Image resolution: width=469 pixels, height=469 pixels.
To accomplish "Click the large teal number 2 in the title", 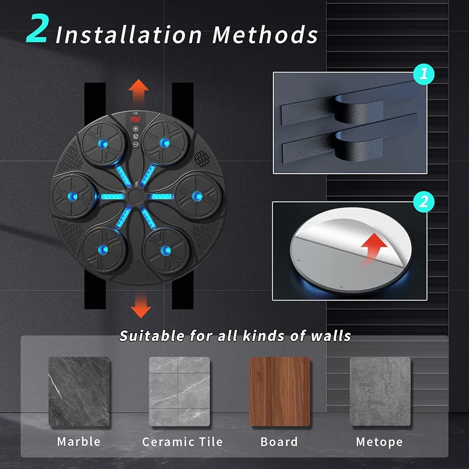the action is click(37, 29).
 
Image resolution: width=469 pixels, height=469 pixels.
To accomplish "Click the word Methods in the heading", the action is click(265, 35).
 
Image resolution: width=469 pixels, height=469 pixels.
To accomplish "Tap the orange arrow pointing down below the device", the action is click(141, 306).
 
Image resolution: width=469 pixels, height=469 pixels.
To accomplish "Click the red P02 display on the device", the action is click(135, 119).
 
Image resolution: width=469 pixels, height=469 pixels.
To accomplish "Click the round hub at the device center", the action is click(135, 196).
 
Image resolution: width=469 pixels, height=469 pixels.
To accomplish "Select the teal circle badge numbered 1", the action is click(423, 74).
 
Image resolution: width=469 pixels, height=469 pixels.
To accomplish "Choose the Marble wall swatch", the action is click(79, 391).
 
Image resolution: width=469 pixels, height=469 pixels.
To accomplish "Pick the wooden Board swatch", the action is click(280, 391).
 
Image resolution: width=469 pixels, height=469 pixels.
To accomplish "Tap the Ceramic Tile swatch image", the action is click(179, 391).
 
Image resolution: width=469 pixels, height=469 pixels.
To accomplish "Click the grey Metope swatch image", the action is click(380, 391).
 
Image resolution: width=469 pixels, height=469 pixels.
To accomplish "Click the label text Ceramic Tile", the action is click(183, 442).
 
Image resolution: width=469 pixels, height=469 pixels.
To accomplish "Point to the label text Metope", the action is click(379, 442).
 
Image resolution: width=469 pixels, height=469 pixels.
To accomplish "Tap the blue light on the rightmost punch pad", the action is click(197, 196).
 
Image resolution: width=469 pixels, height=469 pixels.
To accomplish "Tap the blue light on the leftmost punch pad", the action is click(72, 196).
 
